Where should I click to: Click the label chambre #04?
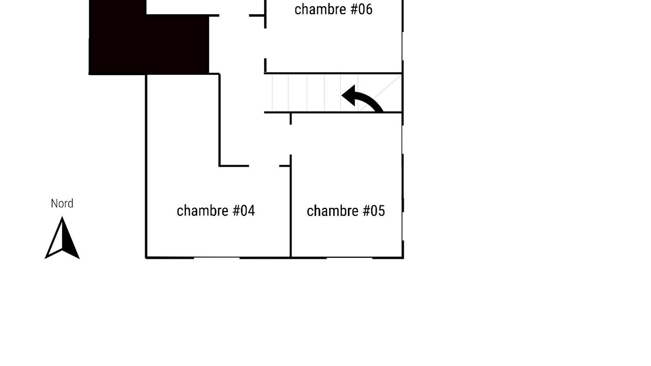(216, 211)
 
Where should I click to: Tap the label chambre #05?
(346, 211)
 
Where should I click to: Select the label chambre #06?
(333, 9)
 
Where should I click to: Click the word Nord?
(62, 204)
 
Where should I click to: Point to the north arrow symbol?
(62, 238)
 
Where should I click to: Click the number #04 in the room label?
(244, 211)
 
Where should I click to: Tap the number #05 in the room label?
(374, 211)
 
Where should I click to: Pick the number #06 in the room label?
(362, 9)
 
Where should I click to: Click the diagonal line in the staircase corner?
(379, 93)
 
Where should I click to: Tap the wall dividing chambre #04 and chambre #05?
(290, 206)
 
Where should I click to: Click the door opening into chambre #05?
(290, 140)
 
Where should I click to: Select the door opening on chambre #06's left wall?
(265, 43)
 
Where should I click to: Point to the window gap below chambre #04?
(217, 257)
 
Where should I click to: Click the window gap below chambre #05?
(349, 257)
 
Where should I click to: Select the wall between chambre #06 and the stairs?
(333, 73)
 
